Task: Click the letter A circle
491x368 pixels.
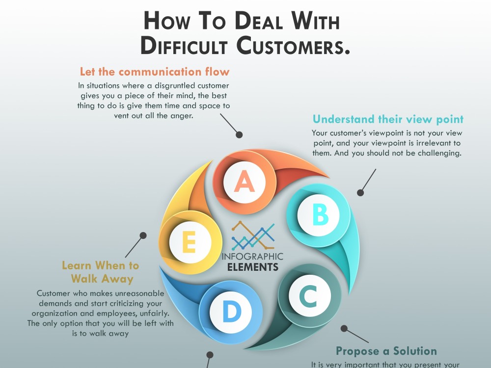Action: click(245, 182)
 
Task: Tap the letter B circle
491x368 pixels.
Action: click(319, 215)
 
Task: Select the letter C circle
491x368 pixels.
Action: click(310, 296)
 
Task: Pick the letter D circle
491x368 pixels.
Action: click(231, 312)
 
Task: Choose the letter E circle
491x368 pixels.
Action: click(191, 242)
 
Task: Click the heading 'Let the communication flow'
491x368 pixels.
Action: click(155, 72)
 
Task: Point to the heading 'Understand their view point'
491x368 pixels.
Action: click(388, 119)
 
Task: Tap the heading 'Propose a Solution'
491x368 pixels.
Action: click(386, 351)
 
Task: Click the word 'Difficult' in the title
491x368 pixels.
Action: click(184, 46)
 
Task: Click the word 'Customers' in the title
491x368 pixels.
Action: click(293, 46)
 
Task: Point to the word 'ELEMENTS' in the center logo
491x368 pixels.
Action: click(253, 267)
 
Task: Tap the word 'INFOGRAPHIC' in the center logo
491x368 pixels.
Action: click(252, 257)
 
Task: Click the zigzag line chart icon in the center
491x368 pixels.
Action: click(253, 236)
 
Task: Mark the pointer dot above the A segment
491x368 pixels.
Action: click(239, 135)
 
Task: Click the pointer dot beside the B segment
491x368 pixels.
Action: click(360, 193)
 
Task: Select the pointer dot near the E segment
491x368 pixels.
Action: click(143, 236)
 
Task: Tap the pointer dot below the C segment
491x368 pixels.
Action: click(344, 329)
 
